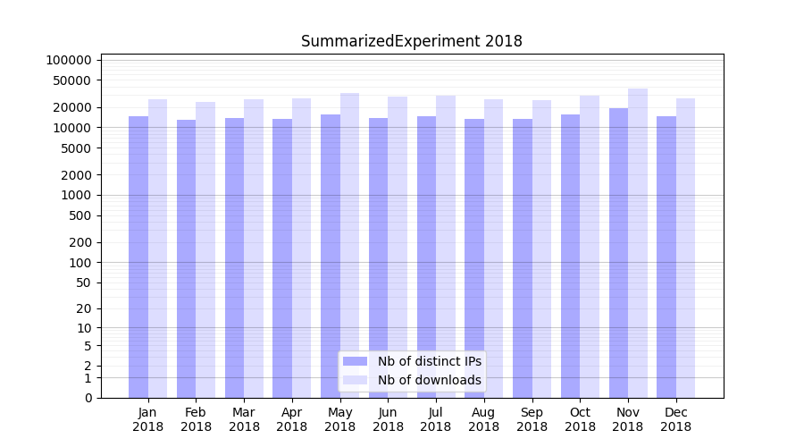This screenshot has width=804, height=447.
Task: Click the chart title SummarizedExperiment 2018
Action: [x=411, y=41]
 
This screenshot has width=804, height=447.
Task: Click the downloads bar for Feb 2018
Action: [x=205, y=250]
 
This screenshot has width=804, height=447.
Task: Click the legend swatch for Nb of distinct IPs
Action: [x=356, y=361]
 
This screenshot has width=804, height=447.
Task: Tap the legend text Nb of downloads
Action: [x=430, y=380]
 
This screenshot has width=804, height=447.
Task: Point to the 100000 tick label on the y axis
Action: [x=69, y=60]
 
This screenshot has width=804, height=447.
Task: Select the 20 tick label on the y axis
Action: [x=83, y=308]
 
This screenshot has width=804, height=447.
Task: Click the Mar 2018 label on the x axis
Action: [x=244, y=419]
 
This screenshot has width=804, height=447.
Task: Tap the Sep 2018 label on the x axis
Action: [x=532, y=419]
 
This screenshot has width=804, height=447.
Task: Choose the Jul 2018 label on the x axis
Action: [x=436, y=419]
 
